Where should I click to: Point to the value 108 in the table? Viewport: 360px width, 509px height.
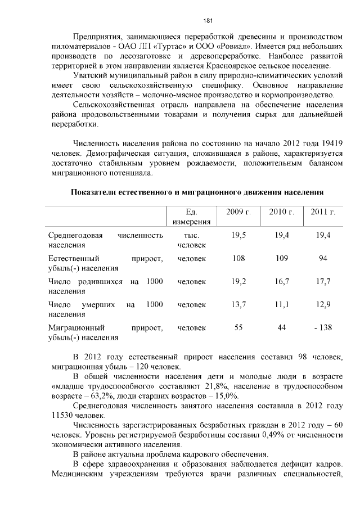click(x=238, y=258)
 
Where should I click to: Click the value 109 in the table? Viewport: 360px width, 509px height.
click(x=281, y=258)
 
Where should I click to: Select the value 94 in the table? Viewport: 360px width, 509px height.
click(x=323, y=258)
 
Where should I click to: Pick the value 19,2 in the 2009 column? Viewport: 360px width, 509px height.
click(x=238, y=281)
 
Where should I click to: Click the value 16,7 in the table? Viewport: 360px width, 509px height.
click(x=281, y=281)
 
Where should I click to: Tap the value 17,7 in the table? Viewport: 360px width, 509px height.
click(x=323, y=281)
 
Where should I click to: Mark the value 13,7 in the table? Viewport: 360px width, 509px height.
click(x=238, y=305)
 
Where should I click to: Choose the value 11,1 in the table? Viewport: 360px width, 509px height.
click(x=281, y=305)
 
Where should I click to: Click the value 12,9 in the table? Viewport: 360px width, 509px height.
click(x=323, y=305)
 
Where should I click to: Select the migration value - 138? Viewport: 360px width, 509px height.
click(x=323, y=328)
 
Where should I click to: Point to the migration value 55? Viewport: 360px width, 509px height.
click(x=238, y=328)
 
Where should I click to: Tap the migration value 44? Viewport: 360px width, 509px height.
click(x=281, y=328)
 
